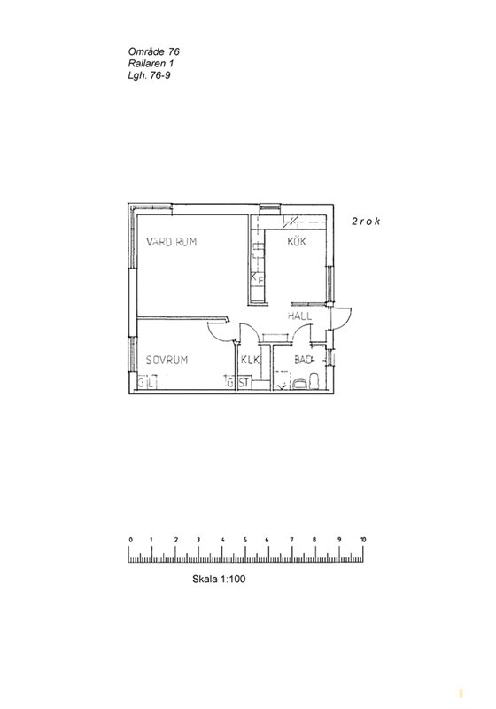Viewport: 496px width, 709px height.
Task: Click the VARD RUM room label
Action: [x=172, y=242]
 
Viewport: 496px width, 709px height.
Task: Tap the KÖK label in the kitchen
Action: [x=297, y=241]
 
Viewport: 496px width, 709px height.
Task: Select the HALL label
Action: [x=299, y=316]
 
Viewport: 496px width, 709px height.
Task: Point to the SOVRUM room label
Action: [x=167, y=361]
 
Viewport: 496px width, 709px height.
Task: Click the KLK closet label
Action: [x=251, y=360]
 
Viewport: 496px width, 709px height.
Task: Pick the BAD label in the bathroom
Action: [x=304, y=360]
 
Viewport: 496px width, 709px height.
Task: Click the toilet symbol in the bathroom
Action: [x=313, y=381]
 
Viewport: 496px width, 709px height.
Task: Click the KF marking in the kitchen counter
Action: [x=257, y=279]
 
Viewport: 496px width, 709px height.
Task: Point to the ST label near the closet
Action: [x=244, y=383]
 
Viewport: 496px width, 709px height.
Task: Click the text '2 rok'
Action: [x=366, y=222]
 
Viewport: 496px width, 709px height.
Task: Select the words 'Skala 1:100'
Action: [x=219, y=579]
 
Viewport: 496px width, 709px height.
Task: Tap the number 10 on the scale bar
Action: [x=363, y=540]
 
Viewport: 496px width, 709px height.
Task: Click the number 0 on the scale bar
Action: [x=130, y=540]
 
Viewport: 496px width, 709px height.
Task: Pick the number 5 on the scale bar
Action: [x=245, y=540]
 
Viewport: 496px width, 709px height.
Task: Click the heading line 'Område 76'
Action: [x=153, y=52]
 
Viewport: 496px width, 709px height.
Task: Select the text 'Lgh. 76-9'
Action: [x=149, y=75]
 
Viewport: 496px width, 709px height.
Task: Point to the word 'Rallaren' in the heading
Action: [x=146, y=64]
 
